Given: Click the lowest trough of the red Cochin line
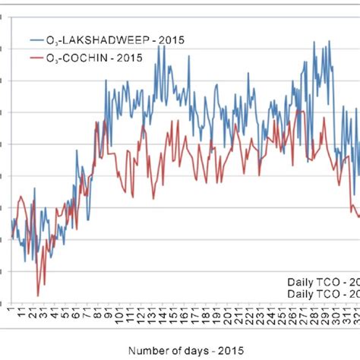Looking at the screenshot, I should pyautogui.click(x=37, y=295).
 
